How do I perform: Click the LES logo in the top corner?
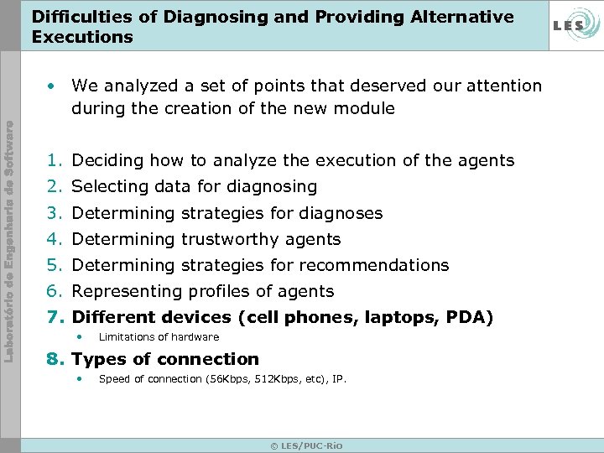pos(570,25)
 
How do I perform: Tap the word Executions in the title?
pos(82,37)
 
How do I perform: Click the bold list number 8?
pos(55,359)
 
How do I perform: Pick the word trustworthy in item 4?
pos(231,239)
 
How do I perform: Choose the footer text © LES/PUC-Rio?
pos(306,445)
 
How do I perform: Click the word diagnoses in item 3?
pos(341,213)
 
